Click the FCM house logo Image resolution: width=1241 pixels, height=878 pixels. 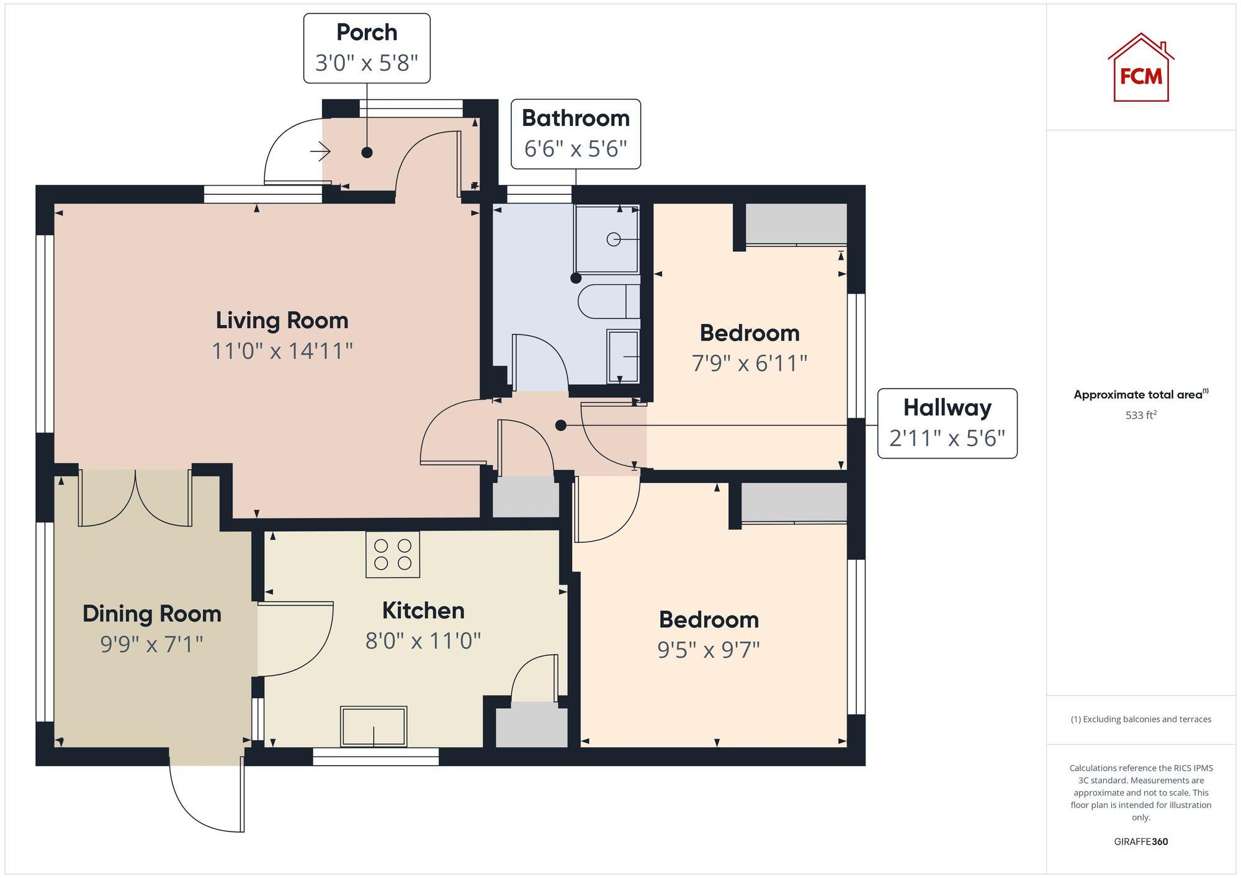click(1140, 68)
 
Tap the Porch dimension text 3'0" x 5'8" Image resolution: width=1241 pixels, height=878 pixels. click(366, 63)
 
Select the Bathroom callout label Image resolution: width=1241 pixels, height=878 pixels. click(575, 118)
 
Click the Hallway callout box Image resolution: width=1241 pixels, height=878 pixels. click(947, 423)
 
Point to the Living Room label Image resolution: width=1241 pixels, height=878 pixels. click(282, 320)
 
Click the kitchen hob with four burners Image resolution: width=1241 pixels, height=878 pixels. click(392, 554)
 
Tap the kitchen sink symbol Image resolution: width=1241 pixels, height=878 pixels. click(374, 726)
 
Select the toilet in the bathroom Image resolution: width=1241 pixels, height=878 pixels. click(608, 302)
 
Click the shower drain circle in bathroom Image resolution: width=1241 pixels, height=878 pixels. click(613, 239)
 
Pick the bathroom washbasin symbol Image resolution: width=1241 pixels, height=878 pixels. click(623, 356)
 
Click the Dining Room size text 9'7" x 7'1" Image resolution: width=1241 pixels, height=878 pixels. click(151, 644)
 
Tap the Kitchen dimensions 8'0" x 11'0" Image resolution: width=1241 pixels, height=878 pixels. click(423, 640)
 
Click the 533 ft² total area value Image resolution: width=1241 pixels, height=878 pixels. click(1140, 415)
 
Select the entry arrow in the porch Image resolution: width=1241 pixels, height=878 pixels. click(320, 151)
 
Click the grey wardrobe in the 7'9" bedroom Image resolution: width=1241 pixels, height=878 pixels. click(795, 223)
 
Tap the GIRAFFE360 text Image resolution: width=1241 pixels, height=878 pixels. click(1140, 841)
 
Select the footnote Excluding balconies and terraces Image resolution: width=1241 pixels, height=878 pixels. click(1140, 719)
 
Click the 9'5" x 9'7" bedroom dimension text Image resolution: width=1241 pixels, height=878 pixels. click(709, 650)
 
